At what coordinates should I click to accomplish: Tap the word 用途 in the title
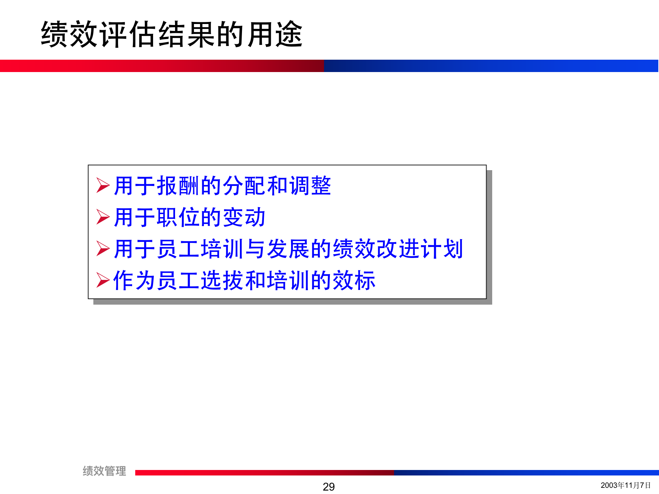[x=275, y=34]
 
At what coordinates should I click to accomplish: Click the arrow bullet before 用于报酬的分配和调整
[x=103, y=185]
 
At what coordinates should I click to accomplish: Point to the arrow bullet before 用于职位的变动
[x=103, y=217]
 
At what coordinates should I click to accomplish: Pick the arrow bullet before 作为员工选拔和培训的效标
[x=103, y=280]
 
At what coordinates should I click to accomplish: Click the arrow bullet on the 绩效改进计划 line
[x=103, y=248]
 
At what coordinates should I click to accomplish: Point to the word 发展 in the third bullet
[x=288, y=249]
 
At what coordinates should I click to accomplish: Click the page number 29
[x=328, y=486]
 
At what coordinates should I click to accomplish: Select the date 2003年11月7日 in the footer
[x=625, y=485]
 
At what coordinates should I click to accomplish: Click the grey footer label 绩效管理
[x=104, y=471]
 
